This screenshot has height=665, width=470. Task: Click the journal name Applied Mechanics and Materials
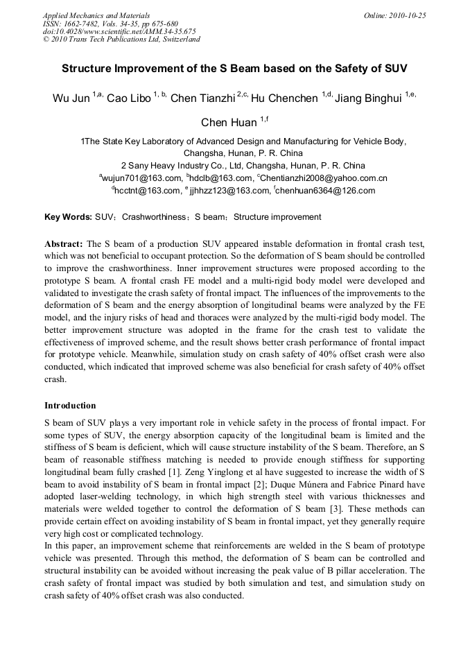point(96,15)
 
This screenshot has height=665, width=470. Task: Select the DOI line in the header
point(119,31)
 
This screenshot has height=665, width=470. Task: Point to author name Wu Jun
point(71,98)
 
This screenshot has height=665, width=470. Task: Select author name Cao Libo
point(129,98)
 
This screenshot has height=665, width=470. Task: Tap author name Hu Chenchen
point(284,98)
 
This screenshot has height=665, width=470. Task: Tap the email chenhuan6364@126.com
point(325,191)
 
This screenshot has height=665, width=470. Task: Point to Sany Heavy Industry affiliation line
point(243,166)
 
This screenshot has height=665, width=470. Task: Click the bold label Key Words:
point(68,217)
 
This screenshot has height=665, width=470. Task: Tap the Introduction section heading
point(70,406)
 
